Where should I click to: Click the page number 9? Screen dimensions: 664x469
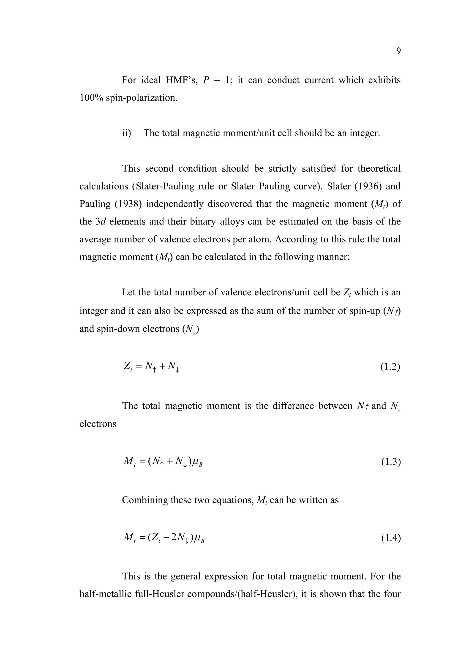tap(398, 51)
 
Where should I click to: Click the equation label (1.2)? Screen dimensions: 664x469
tap(390, 367)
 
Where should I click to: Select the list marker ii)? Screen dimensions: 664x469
tap(127, 133)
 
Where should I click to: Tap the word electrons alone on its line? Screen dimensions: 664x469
tap(98, 424)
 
